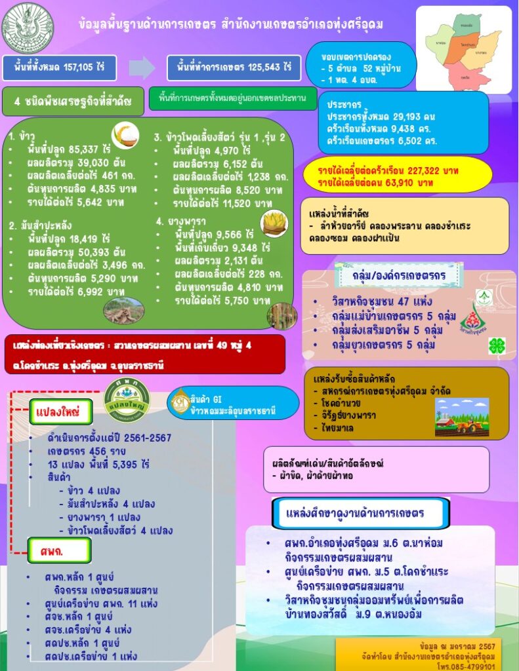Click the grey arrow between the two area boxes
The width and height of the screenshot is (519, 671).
141,67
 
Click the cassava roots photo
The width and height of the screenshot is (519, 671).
123,310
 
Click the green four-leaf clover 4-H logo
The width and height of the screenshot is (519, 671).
496,347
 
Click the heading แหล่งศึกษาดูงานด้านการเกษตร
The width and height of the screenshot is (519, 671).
360,512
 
